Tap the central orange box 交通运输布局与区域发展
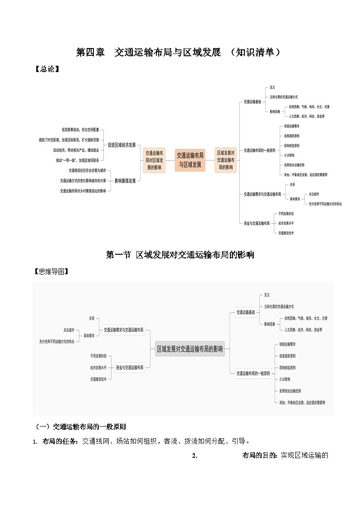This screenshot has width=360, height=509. (190, 160)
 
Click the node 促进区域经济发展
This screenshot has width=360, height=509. (122, 145)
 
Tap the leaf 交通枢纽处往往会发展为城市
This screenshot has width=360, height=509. (88, 170)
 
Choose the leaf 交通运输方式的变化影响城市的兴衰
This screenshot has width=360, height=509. (83, 180)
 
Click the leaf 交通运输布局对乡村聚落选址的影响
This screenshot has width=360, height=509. (83, 191)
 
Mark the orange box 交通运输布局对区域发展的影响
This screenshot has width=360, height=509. (154, 160)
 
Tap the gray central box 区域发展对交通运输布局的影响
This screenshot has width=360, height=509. (190, 349)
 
